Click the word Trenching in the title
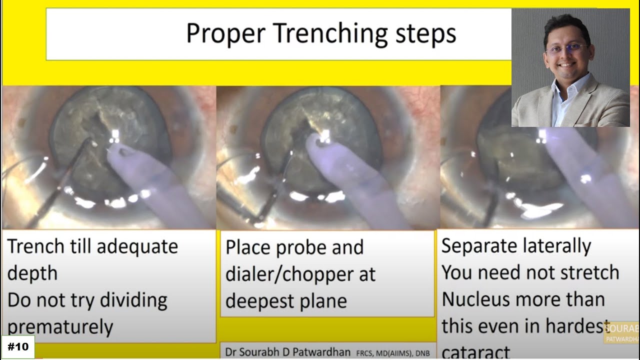pos(330,34)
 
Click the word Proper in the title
pos(225,34)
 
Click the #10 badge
pos(18,346)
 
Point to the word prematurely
pos(60,327)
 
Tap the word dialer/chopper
pos(300,274)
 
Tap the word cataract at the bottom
pos(475,352)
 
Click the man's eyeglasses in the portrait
pos(566,49)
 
